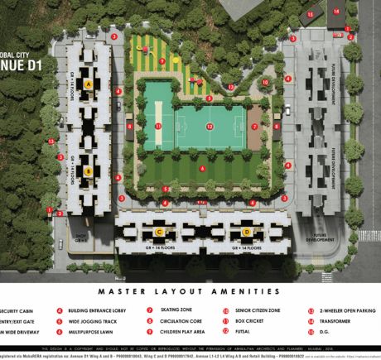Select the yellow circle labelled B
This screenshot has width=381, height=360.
(x=88, y=171)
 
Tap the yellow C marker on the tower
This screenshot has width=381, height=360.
(x=159, y=232)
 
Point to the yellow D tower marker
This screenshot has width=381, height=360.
(x=246, y=232)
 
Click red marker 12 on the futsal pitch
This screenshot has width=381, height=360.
(x=210, y=127)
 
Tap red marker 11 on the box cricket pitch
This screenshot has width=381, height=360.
(x=157, y=127)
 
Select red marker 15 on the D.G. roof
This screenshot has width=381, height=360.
(x=310, y=14)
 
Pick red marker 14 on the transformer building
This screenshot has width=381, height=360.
(x=336, y=12)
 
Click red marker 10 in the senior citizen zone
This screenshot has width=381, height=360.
(x=265, y=83)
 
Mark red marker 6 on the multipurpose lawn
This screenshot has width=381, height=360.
(x=203, y=169)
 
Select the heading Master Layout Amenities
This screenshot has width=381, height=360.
(x=190, y=291)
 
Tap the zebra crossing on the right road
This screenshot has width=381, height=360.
(x=369, y=235)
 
